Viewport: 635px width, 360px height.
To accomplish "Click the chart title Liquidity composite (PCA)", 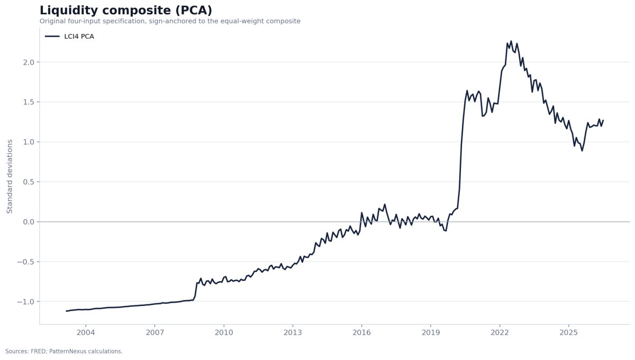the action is click(x=126, y=11).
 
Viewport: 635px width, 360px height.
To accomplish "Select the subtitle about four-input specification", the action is click(x=170, y=21).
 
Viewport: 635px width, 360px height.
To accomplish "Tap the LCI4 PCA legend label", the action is click(x=79, y=37).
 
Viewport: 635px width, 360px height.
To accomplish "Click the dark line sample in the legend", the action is click(x=52, y=37).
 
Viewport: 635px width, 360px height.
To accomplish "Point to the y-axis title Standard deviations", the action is click(x=10, y=176).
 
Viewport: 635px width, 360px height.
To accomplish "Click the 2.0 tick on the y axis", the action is click(x=29, y=62).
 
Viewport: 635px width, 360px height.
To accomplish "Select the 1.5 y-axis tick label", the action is click(x=29, y=102).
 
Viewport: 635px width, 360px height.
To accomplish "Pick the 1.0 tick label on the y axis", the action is click(x=29, y=142).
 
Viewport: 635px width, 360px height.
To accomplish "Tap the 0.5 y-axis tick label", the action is click(x=29, y=182).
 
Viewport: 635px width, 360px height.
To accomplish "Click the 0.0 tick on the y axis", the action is click(x=29, y=222).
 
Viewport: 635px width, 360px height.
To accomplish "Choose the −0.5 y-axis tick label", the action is click(x=26, y=262).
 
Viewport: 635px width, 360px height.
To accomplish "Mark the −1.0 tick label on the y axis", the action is click(x=26, y=302).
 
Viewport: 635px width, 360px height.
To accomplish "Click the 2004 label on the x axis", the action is click(x=86, y=333).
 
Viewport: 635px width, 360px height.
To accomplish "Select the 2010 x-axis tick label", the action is click(x=224, y=333).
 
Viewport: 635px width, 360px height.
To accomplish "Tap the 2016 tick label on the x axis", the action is click(x=362, y=333).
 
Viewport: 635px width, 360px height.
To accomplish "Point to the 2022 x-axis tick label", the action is click(x=500, y=333).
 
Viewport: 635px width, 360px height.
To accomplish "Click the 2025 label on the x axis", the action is click(x=569, y=333).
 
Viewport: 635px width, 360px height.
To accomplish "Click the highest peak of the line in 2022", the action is click(x=511, y=41).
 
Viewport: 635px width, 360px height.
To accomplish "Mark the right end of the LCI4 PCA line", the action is click(x=603, y=120).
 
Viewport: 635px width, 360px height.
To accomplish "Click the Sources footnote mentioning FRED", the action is click(x=64, y=352).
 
